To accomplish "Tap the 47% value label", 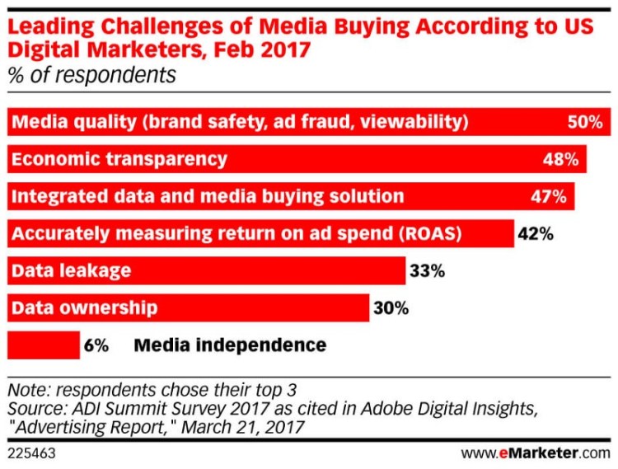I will (549, 196).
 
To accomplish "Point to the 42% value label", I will (536, 233).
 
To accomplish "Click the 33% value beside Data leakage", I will (427, 270).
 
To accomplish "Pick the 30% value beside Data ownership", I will (391, 308).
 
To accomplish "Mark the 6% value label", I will (96, 345).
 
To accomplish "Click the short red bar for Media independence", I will (43, 345).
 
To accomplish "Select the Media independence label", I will (230, 345).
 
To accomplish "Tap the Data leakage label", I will (71, 270).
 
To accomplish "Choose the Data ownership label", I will (84, 308).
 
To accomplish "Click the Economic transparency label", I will (119, 159).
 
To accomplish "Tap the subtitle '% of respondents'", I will (91, 75).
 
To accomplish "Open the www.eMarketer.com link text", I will (536, 453).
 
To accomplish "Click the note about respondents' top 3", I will (151, 388).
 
